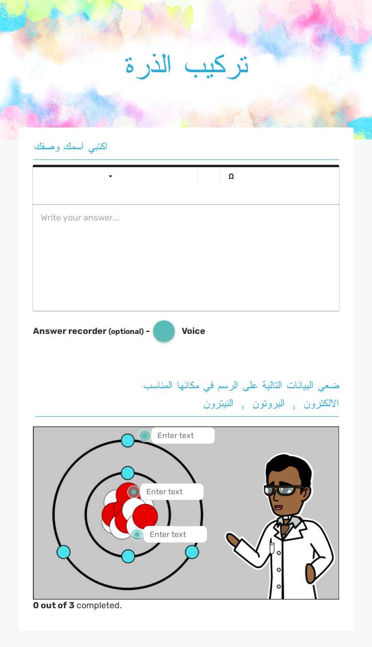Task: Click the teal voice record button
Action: pos(164,331)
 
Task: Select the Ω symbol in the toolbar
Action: pos(231,176)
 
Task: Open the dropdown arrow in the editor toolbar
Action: pos(110,176)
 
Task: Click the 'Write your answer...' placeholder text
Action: pos(80,218)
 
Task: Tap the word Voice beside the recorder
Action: pos(193,331)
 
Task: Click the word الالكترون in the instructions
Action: pos(321,404)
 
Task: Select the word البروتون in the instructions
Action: pos(268,404)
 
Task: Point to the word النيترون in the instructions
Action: pos(218,404)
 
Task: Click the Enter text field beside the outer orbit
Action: pos(183,435)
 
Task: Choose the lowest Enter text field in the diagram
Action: pos(175,534)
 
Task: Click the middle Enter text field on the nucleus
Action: pos(171,491)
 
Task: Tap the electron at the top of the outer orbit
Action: pos(127,441)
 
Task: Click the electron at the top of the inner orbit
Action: pos(127,473)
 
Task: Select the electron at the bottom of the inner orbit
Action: pos(128,556)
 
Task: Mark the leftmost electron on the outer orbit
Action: pos(63,552)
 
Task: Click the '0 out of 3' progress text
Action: pos(54,605)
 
